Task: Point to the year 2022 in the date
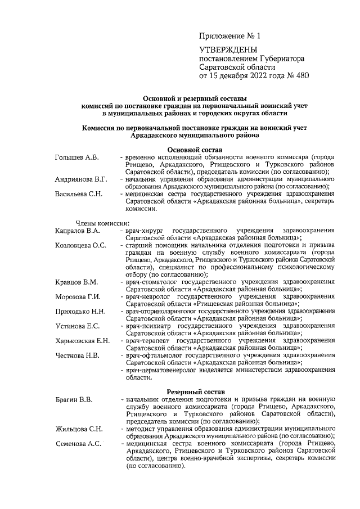coord(250,75)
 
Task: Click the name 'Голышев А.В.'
coord(77,157)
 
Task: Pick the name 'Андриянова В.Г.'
coord(82,179)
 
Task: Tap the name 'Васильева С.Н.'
coord(79,194)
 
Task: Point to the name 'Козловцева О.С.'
coord(81,245)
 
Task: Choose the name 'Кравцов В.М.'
coord(76,282)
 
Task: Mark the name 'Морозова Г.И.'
coord(78,296)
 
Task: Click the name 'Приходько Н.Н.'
coord(80,311)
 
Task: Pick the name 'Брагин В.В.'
coord(74,400)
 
